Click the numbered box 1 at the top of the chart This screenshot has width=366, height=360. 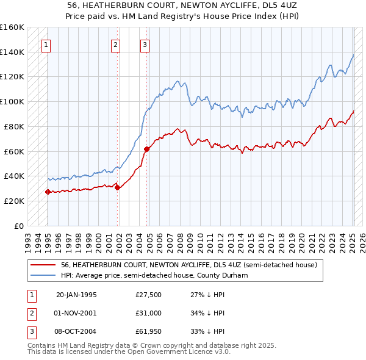(46, 44)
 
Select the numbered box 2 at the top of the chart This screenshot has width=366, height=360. (115, 44)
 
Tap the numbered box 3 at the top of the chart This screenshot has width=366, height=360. (145, 44)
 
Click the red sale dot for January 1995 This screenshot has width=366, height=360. (48, 192)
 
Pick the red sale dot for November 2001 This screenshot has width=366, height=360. (118, 187)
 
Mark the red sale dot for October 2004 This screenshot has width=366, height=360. (147, 149)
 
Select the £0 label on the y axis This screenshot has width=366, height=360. (19, 226)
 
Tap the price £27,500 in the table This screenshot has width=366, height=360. (149, 295)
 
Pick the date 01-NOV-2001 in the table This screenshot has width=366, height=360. (76, 313)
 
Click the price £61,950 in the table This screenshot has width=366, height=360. (149, 331)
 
